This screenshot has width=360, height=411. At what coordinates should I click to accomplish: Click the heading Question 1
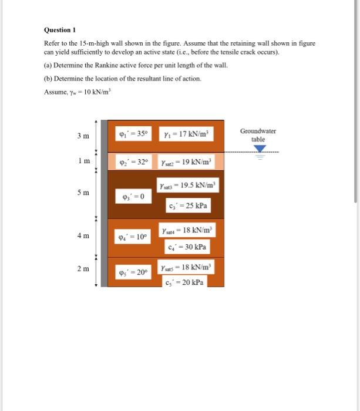pos(60,29)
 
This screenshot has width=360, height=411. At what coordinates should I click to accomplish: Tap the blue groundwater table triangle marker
pos(258,149)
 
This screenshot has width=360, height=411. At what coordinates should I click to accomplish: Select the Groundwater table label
pos(258,135)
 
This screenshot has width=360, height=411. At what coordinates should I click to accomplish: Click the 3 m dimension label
pos(83,137)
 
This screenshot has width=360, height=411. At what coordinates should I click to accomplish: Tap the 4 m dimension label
pos(83,236)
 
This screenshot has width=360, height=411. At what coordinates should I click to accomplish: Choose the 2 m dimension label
pos(83,269)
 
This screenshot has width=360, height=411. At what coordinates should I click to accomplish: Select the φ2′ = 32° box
pos(133,161)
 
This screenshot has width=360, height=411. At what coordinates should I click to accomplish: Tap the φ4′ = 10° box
pos(133,238)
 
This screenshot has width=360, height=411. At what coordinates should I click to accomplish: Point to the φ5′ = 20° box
pos(133,272)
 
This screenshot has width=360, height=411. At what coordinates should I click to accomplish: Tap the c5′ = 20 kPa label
pos(185,282)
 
